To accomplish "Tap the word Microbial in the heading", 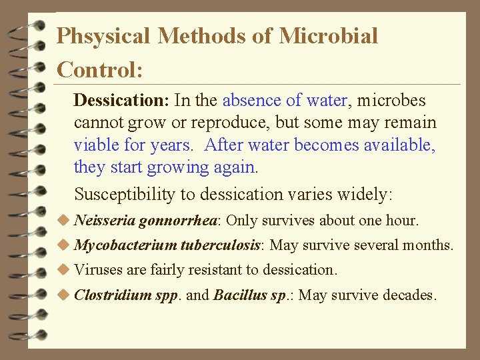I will point(328,36).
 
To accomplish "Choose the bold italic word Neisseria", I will point(105,220).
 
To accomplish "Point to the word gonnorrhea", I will point(180,221).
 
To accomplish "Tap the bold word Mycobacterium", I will point(125,245).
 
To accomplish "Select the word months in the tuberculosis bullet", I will point(429,245).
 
